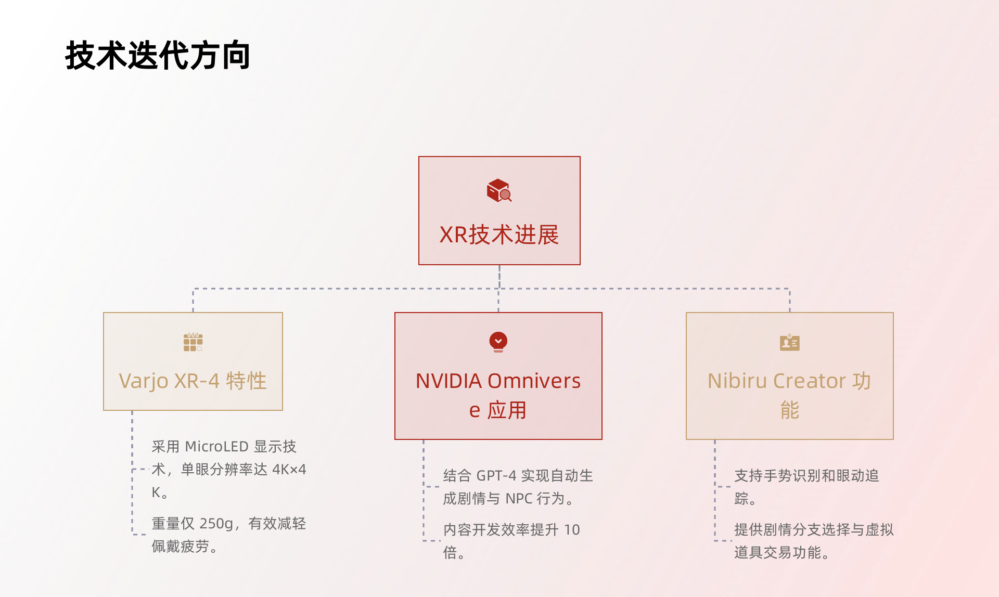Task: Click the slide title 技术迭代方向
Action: coord(158,56)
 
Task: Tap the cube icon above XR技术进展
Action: coord(499,190)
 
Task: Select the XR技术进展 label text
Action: coord(499,235)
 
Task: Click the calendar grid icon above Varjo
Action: coord(193,342)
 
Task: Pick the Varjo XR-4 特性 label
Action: coord(193,381)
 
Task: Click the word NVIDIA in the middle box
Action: coord(449,381)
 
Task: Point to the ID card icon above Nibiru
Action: coord(789,343)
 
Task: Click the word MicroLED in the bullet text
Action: coord(216,447)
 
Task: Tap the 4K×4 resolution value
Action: coord(289,470)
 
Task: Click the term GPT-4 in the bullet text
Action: coord(496,476)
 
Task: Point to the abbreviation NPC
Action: coord(519,499)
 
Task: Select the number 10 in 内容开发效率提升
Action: coord(572,530)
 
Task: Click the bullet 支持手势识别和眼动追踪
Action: coord(806,487)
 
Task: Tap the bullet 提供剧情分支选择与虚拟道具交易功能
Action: coord(813,541)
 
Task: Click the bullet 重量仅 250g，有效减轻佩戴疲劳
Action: coord(228,535)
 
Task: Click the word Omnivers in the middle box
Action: coord(534,381)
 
